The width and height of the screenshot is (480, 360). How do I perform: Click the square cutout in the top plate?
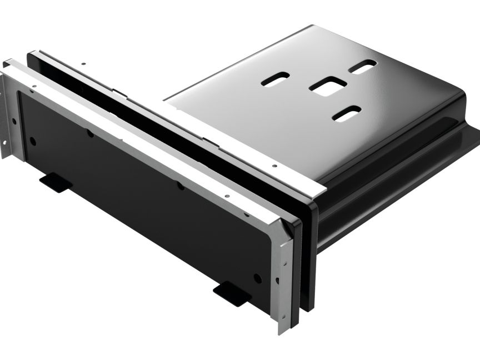(328, 86)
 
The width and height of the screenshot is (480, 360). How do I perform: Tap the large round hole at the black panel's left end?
(33, 141)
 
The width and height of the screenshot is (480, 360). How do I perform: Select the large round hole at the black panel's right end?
(256, 277)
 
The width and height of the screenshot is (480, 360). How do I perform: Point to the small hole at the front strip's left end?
(33, 86)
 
